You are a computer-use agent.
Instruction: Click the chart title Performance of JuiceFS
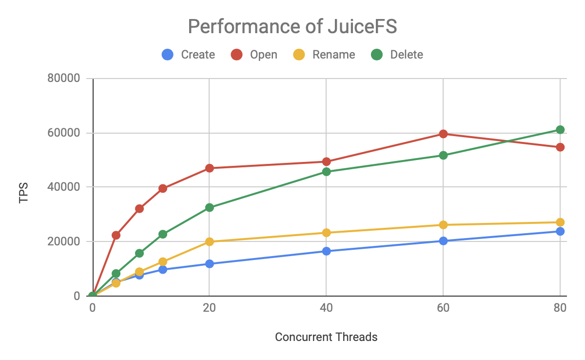click(292, 26)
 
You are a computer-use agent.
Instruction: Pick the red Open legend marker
click(237, 55)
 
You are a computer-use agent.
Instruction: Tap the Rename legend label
click(333, 55)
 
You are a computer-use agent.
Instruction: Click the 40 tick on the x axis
click(326, 308)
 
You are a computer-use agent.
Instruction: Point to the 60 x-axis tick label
click(443, 308)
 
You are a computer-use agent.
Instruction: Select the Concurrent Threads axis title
click(326, 337)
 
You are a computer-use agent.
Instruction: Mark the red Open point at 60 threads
click(443, 134)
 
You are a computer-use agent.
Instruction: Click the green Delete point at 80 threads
click(560, 130)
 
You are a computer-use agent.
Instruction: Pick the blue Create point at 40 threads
click(326, 251)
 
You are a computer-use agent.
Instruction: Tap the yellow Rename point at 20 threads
click(210, 241)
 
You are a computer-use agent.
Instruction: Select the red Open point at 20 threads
click(210, 168)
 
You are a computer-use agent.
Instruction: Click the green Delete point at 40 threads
click(326, 172)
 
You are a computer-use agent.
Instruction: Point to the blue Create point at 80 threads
click(560, 231)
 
